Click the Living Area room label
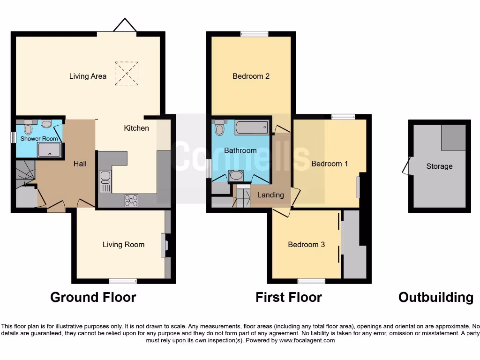coord(88,76)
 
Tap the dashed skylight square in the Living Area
coord(127,74)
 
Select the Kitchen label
coord(136,128)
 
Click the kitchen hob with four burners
coord(132,200)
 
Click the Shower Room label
coord(39,139)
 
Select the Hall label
coord(80,164)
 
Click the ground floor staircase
coord(25,172)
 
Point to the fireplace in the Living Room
coord(164,245)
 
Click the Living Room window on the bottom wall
coord(123,281)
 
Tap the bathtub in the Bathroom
coord(252,127)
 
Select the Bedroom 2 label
coord(251,76)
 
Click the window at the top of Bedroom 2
coord(255,34)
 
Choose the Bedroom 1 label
coord(330,164)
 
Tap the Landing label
coord(271,195)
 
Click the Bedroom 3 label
coord(306,244)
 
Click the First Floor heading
coord(288,297)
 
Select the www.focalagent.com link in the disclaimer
coord(307,340)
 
